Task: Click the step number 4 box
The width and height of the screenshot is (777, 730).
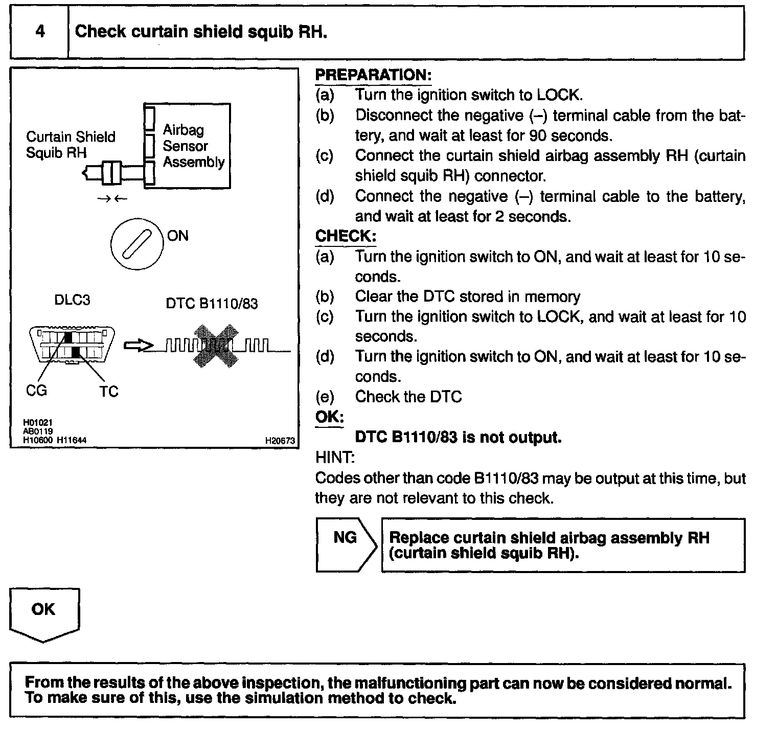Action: (39, 32)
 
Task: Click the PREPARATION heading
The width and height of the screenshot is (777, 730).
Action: (373, 75)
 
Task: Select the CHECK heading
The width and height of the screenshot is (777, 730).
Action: (346, 236)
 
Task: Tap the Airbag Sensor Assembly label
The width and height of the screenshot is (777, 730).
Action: (193, 146)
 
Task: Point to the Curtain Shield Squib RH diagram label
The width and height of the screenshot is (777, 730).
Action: (71, 145)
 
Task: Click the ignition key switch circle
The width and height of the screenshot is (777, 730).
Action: (137, 243)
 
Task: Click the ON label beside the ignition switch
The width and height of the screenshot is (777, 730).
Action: (177, 236)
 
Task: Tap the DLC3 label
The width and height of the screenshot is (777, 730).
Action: (72, 300)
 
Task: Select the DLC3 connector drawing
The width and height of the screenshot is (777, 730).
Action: (72, 345)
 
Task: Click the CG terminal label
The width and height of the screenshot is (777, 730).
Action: (36, 391)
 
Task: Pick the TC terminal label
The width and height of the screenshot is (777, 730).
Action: (108, 392)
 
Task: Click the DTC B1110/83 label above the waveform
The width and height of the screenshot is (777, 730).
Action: (212, 304)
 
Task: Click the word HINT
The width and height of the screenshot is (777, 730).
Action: (335, 458)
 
